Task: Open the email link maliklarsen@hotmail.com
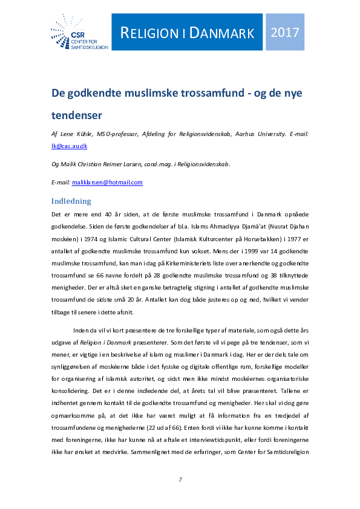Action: [x=107, y=182]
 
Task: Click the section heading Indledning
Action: [x=71, y=201]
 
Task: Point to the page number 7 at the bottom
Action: [x=180, y=479]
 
